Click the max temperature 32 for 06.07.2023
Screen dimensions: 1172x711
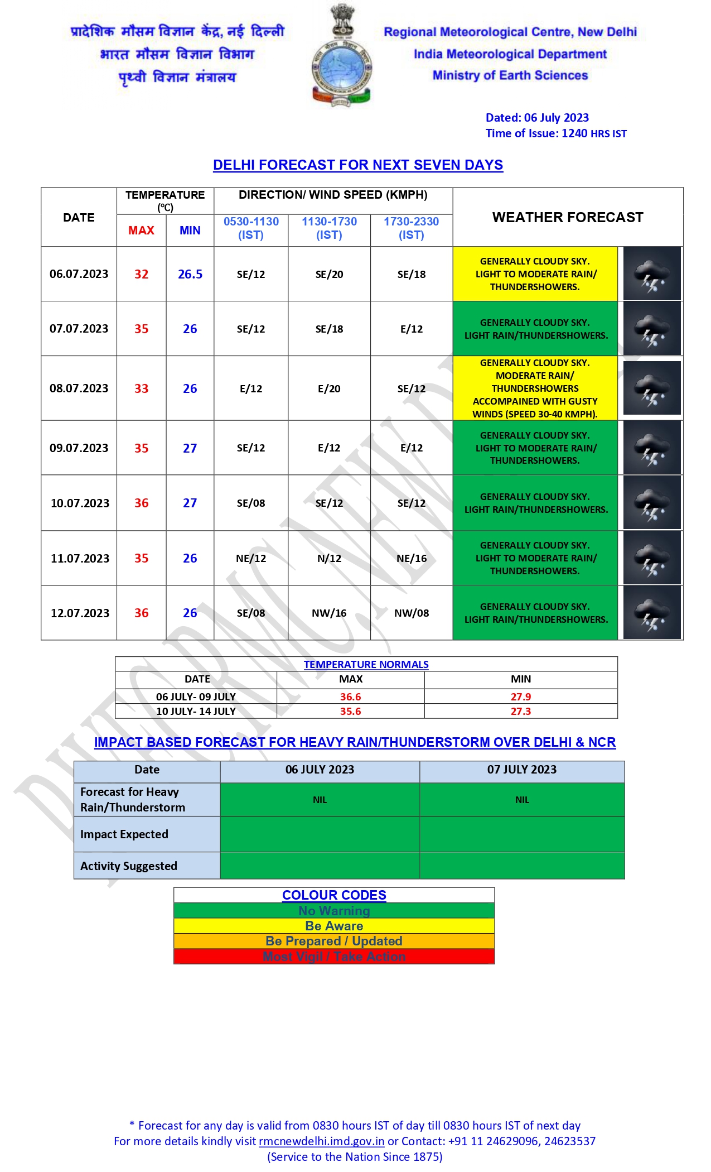[x=141, y=274]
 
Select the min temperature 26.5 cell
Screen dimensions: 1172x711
[x=190, y=274]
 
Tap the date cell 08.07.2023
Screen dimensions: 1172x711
[x=79, y=388]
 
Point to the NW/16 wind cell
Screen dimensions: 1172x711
[x=329, y=613]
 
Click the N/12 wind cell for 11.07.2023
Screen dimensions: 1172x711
[x=329, y=558]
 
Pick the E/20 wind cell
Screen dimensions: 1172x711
[x=329, y=388]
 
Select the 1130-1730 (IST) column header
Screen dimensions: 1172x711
[x=329, y=228]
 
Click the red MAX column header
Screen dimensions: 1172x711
[x=141, y=230]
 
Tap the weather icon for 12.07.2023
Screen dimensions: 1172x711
[x=652, y=613]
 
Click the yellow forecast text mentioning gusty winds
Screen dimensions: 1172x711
[x=535, y=388]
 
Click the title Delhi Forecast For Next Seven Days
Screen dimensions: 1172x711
[x=358, y=165]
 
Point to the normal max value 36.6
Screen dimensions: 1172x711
[x=350, y=697]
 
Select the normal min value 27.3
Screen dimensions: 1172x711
[x=520, y=711]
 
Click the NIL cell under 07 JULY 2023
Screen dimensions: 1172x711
[x=522, y=800]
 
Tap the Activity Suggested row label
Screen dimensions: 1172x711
[x=129, y=866]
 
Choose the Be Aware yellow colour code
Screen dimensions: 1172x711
[x=334, y=926]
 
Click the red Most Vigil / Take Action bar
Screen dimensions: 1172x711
[x=334, y=957]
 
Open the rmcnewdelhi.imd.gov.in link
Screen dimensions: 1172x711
[x=322, y=1141]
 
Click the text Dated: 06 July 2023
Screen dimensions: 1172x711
[x=537, y=118]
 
